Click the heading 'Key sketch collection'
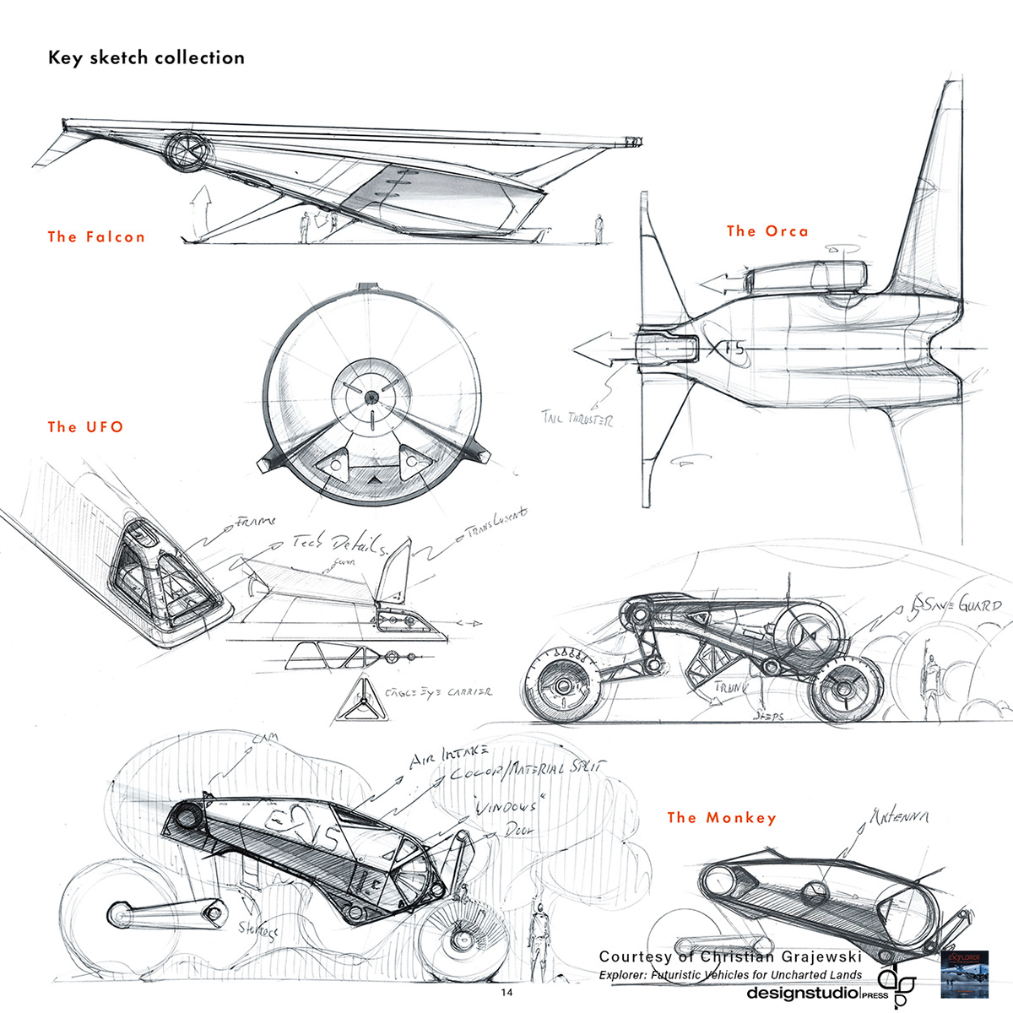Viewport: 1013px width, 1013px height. tap(146, 58)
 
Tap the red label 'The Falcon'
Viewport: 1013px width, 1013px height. tap(96, 237)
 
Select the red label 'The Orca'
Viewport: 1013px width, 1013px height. tap(767, 231)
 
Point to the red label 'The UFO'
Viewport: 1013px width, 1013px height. tap(86, 427)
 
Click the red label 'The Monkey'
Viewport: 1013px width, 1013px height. tap(721, 817)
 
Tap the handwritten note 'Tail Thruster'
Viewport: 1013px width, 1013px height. tap(578, 418)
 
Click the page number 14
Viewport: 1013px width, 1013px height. tap(506, 992)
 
